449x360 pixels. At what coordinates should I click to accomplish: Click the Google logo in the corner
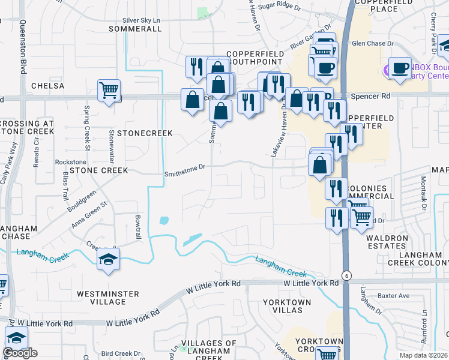[20, 353]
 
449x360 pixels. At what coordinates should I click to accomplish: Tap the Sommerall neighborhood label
[131, 29]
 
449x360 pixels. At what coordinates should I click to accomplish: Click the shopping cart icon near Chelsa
[109, 91]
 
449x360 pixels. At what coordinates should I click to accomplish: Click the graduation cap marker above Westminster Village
[107, 259]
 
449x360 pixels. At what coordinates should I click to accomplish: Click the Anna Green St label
[89, 214]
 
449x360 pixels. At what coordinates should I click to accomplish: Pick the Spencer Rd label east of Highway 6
[370, 95]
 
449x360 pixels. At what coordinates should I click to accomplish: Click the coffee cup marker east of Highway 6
[400, 68]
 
